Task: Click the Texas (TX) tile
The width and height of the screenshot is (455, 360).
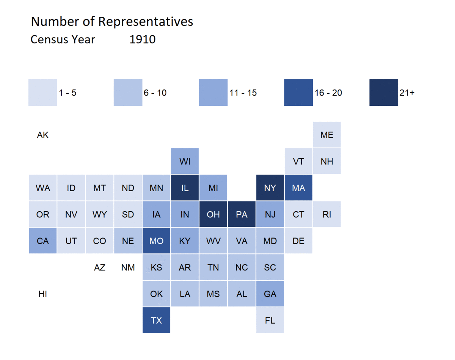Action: click(156, 320)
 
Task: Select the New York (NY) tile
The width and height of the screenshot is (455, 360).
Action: click(270, 188)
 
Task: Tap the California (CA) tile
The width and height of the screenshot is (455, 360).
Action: click(42, 241)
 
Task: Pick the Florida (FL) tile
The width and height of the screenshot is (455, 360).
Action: click(270, 320)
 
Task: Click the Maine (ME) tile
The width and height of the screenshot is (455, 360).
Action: click(327, 135)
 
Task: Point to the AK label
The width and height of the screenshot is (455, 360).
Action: click(42, 135)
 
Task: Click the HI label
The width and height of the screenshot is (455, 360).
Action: click(42, 294)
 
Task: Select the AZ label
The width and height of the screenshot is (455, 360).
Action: click(99, 267)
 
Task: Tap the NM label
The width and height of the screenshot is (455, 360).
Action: click(128, 267)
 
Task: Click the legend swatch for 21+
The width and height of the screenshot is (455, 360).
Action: click(384, 93)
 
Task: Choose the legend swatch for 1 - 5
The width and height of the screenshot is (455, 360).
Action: click(42, 93)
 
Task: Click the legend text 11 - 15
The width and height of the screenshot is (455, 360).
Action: click(243, 93)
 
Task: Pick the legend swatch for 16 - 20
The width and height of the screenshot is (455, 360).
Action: click(298, 93)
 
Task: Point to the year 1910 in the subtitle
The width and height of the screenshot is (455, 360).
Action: click(143, 39)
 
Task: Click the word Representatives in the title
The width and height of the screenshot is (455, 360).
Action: click(146, 22)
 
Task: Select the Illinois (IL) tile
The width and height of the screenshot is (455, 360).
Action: click(185, 188)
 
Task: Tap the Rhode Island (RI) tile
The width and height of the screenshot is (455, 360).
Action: click(327, 214)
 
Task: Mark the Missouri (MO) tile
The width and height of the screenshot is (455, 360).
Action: click(156, 241)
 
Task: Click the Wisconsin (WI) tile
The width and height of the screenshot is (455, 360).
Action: click(185, 161)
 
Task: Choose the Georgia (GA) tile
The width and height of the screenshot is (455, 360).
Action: click(270, 294)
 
